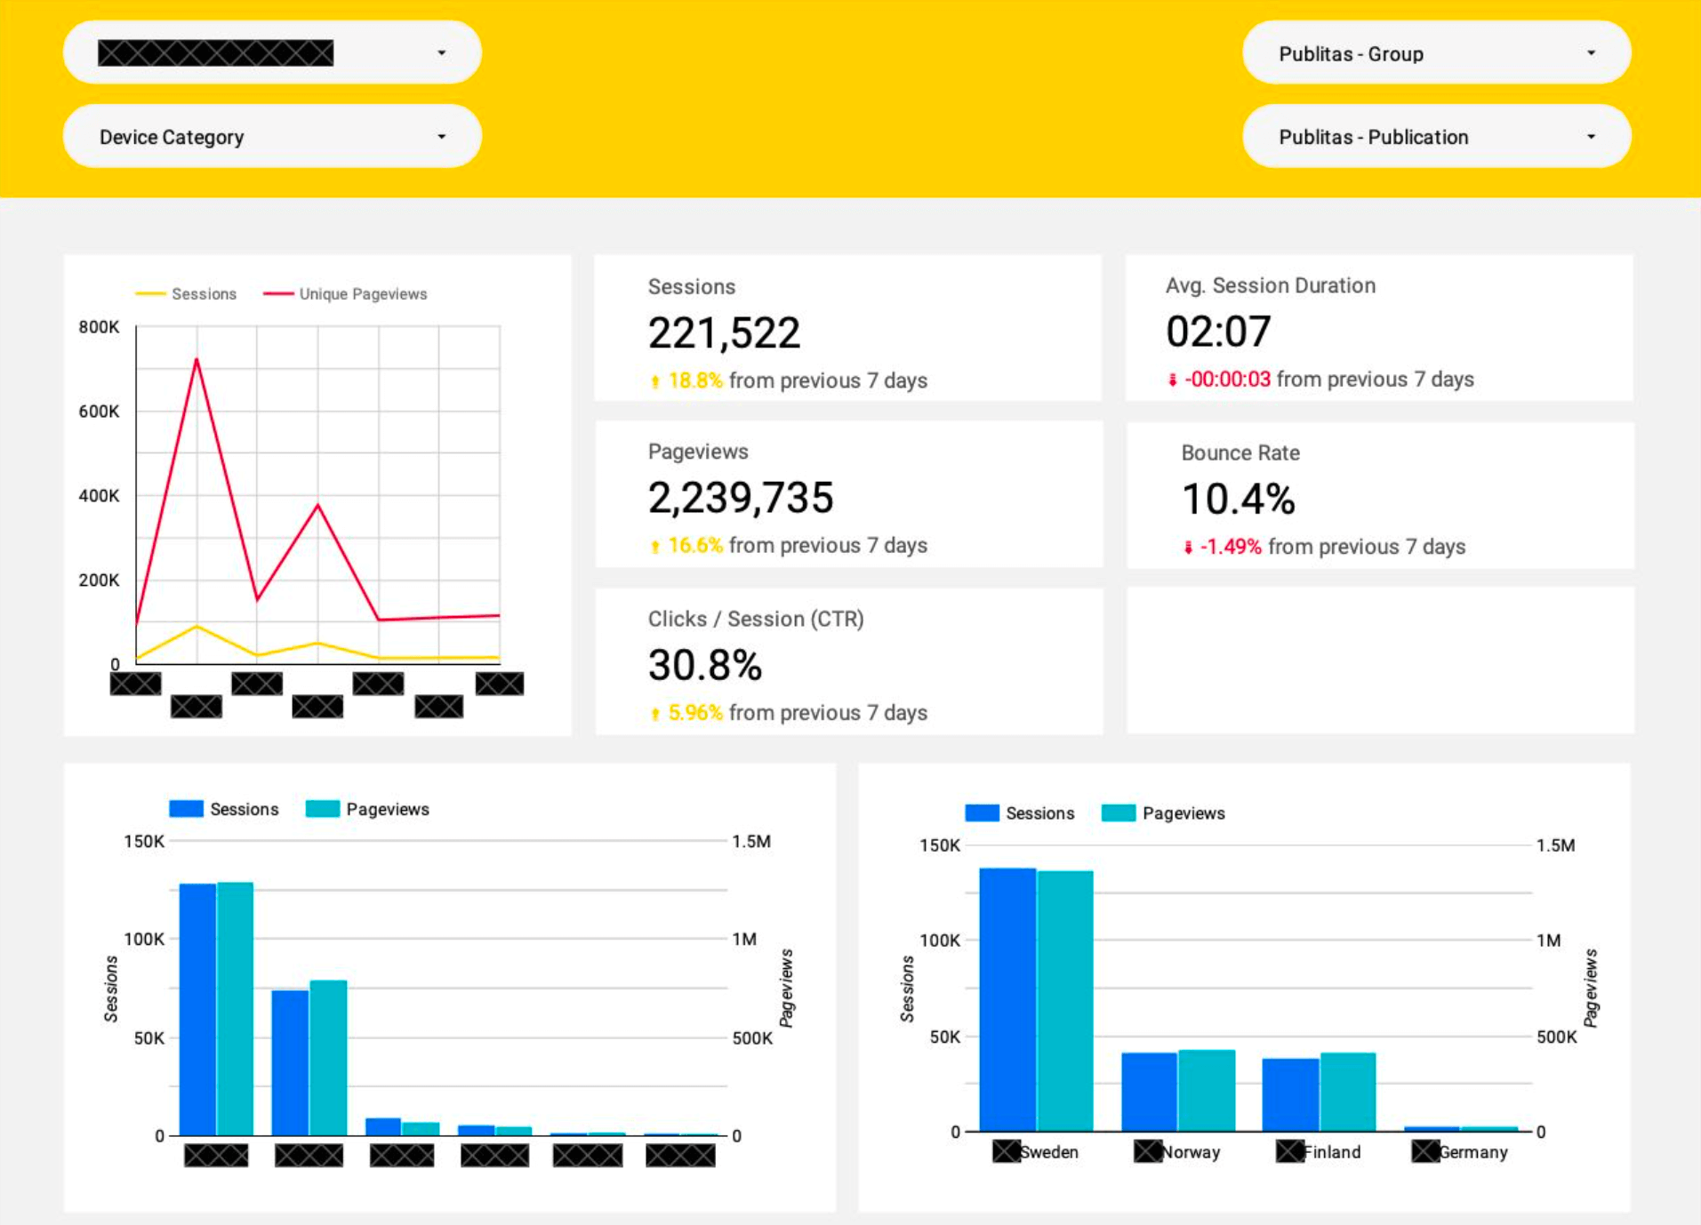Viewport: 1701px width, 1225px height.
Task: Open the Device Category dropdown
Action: pos(271,137)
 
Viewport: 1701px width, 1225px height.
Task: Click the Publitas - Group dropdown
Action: pos(1435,53)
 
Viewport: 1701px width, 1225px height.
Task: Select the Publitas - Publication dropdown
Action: pos(1435,137)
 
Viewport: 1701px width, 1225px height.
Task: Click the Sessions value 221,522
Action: pos(724,333)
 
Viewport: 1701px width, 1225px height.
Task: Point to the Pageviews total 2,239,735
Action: pos(740,498)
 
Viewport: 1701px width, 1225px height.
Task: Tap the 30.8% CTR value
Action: pos(704,665)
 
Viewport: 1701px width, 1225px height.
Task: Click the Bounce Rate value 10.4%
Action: pos(1237,499)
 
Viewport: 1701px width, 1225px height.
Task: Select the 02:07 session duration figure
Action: pos(1217,332)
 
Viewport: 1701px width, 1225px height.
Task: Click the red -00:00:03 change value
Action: pos(1227,380)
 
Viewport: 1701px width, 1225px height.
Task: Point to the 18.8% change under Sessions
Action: pos(694,380)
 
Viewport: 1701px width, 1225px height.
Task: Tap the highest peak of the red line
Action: pos(197,359)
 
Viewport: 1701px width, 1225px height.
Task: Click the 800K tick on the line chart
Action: pos(99,327)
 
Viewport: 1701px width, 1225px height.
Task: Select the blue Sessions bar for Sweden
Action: pos(1007,999)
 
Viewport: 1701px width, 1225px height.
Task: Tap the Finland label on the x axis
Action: pos(1331,1152)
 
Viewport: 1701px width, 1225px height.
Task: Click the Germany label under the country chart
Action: pos(1472,1152)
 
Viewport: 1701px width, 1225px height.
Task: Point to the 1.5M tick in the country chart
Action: pos(1555,845)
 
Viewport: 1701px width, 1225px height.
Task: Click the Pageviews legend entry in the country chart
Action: pos(1183,813)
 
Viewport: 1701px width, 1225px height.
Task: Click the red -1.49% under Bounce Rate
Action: pos(1230,547)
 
